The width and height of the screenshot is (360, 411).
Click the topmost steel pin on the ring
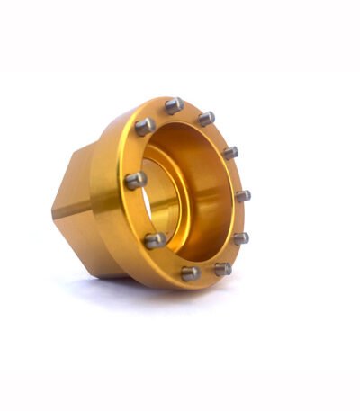coord(174,105)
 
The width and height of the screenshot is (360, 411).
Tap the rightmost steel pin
coord(242,195)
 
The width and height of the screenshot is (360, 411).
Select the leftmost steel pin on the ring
coord(135,180)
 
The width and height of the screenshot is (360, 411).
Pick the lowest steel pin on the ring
coord(190,273)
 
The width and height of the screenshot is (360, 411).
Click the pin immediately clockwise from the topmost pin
coord(206,118)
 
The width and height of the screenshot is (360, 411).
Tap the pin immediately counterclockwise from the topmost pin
coord(145,126)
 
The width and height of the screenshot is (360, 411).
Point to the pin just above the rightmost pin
coord(230,152)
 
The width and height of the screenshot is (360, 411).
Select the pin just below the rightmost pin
coord(240,238)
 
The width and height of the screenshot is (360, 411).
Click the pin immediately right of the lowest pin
coord(222,268)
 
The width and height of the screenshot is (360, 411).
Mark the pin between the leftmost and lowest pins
coord(155,240)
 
